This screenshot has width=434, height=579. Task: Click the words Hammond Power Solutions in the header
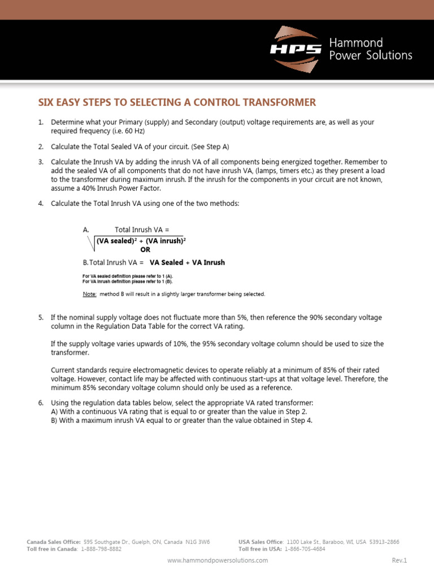click(371, 49)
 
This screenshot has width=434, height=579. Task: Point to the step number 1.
click(41, 122)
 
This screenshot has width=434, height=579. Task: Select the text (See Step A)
click(210, 146)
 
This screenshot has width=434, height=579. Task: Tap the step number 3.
click(41, 162)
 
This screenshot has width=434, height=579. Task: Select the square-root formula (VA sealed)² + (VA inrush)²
click(141, 241)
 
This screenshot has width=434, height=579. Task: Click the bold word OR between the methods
click(145, 249)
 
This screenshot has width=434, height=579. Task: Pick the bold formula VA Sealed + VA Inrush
click(187, 262)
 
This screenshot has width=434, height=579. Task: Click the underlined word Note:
click(90, 294)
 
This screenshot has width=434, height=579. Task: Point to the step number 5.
click(41, 318)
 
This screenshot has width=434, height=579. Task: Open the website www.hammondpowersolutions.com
click(218, 560)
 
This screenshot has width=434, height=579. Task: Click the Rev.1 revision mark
click(399, 560)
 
